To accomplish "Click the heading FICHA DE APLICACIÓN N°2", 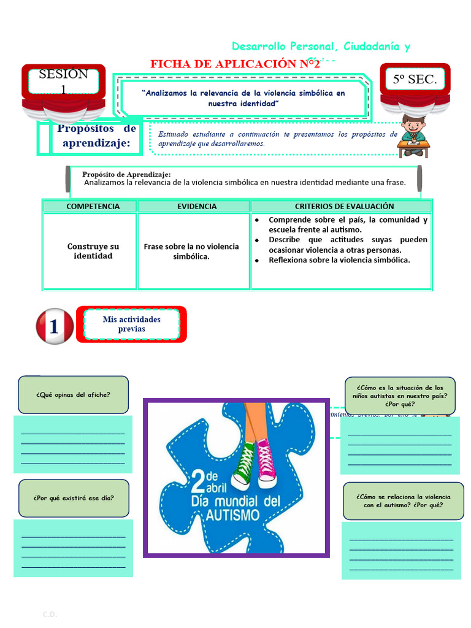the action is [x=235, y=64].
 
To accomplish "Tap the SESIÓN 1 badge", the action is [x=63, y=82].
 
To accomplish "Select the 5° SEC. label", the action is [x=415, y=79].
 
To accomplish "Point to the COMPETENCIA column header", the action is [x=93, y=206].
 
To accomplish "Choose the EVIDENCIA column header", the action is [x=197, y=206].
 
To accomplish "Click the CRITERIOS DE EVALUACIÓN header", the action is [x=344, y=206].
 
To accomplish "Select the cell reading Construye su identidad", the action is [x=93, y=251].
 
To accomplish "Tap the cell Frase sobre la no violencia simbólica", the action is [x=191, y=251].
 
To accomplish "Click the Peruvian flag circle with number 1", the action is [x=55, y=326].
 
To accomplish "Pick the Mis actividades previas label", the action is [x=132, y=324].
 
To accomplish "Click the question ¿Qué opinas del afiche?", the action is [x=73, y=395].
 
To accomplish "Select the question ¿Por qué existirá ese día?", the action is [x=74, y=498].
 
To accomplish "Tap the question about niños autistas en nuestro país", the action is [x=400, y=396].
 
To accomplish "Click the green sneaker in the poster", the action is [x=244, y=464].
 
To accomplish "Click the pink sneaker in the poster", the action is [x=266, y=463].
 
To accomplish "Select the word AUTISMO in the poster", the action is [x=234, y=515].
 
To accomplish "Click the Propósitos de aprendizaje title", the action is [x=96, y=136].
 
